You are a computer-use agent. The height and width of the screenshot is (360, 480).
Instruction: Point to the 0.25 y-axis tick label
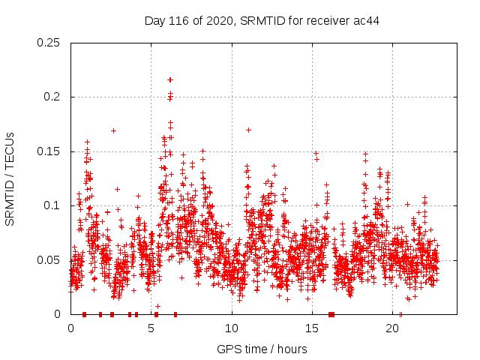pos(49,43)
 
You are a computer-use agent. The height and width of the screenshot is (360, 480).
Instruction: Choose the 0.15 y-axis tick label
pos(49,151)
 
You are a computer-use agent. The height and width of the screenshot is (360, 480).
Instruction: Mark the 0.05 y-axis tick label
pos(49,260)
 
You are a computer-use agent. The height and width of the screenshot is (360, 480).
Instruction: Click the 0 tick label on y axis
pos(59,314)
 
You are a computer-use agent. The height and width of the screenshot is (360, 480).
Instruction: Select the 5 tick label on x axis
pos(151,328)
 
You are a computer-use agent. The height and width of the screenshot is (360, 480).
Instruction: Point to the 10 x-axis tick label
pos(232,328)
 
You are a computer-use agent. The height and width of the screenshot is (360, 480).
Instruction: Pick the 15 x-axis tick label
pos(312,328)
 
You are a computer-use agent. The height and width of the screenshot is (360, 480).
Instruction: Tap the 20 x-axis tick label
pos(392,328)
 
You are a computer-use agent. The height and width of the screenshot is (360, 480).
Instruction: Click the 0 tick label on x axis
pos(71,328)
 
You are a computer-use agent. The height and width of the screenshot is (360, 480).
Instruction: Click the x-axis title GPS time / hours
pos(262,349)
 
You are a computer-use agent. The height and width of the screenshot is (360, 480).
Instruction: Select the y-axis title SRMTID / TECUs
pos(10,178)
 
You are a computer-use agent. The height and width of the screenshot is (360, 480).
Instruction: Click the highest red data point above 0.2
pos(170,79)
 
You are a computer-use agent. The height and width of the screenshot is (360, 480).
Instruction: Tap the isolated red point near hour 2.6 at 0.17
pos(113,130)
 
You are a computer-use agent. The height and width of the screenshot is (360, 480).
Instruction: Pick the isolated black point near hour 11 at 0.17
pos(248,130)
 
